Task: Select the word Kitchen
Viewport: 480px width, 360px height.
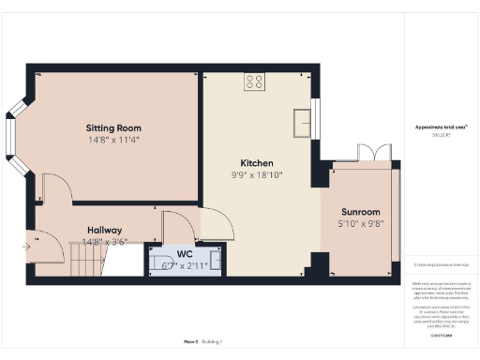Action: point(256,162)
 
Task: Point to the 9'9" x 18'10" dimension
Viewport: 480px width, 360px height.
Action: point(256,173)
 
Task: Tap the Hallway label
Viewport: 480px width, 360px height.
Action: point(105,230)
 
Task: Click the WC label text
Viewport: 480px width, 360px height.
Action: point(184,254)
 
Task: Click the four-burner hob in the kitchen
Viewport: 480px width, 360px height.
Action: point(254,82)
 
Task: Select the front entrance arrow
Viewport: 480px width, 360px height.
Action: point(25,247)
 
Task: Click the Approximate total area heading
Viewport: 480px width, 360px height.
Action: point(441,127)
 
